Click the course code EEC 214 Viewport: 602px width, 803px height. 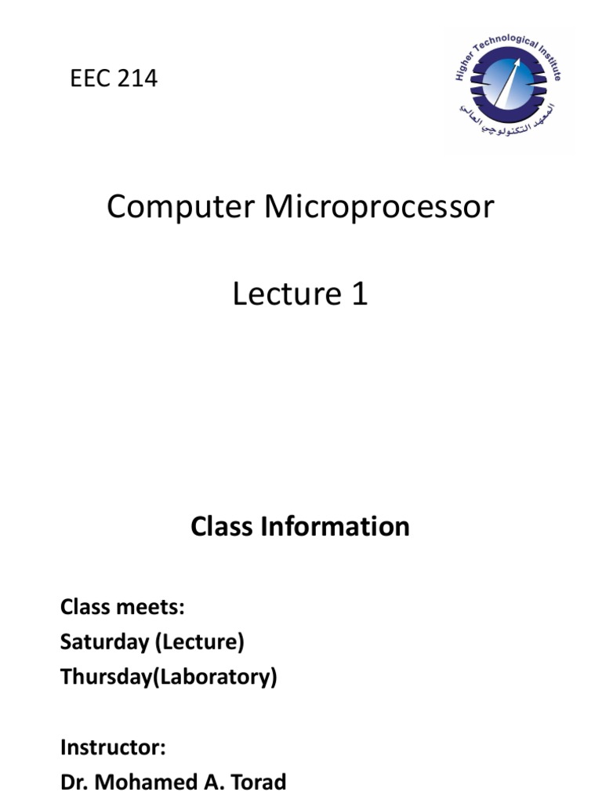(x=114, y=78)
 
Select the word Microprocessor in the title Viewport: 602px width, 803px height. (x=379, y=207)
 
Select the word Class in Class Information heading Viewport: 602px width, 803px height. (x=223, y=526)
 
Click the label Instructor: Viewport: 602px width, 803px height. (x=113, y=747)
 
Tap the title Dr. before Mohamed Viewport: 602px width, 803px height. (x=74, y=782)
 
